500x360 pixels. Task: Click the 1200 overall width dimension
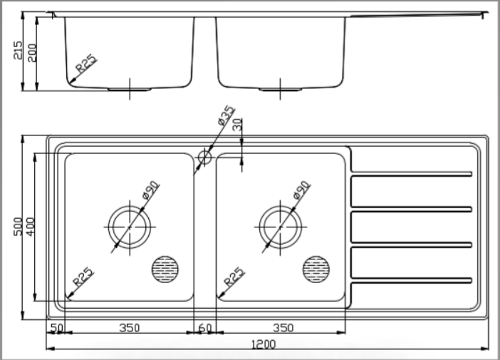[264, 345]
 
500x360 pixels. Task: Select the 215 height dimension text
[18, 50]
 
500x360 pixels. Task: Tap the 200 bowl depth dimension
[32, 53]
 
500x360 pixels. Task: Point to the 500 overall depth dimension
[18, 227]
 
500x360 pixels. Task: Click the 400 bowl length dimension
[31, 227]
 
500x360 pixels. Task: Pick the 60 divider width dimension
[204, 328]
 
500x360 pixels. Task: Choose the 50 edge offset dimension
[57, 328]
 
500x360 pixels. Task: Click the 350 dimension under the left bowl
[129, 328]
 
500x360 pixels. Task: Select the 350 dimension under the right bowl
[283, 328]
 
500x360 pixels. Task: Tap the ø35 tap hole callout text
[226, 115]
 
